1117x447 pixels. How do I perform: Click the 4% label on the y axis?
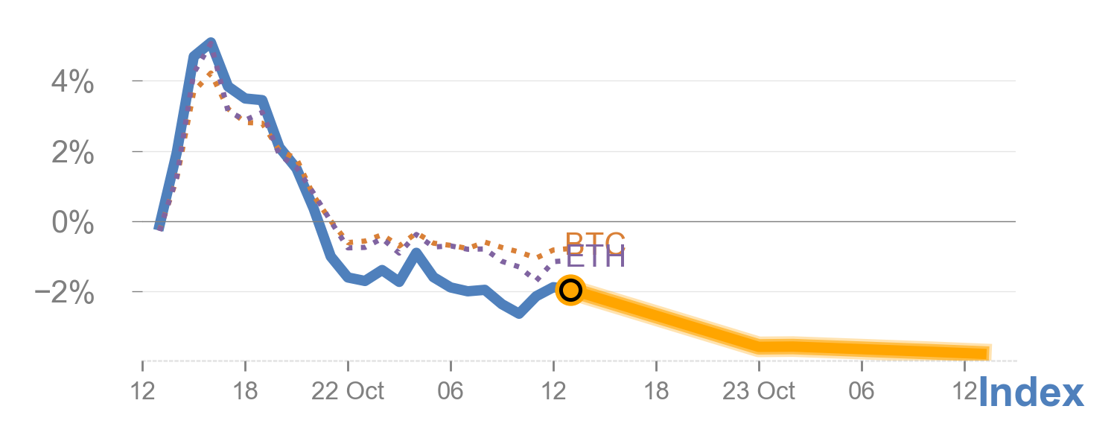[72, 83]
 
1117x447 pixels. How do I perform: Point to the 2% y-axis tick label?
[72, 153]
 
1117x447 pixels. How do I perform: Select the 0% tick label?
[72, 223]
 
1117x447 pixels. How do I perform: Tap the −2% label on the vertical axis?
[66, 294]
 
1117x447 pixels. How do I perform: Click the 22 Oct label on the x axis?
[348, 391]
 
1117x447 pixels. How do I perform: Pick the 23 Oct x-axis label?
[759, 391]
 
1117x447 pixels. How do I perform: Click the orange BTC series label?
[595, 241]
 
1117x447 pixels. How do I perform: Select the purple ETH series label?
[595, 258]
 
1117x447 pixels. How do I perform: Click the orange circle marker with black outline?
[570, 290]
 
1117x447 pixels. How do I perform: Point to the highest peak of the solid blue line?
[210, 42]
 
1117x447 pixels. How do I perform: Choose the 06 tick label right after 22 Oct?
[451, 391]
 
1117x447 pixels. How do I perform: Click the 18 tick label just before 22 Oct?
[245, 391]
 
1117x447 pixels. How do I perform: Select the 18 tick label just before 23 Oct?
[656, 391]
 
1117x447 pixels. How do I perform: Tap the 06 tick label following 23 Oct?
[862, 391]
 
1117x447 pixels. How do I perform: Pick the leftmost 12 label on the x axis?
[142, 391]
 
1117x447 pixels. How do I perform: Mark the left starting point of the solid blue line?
[159, 228]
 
